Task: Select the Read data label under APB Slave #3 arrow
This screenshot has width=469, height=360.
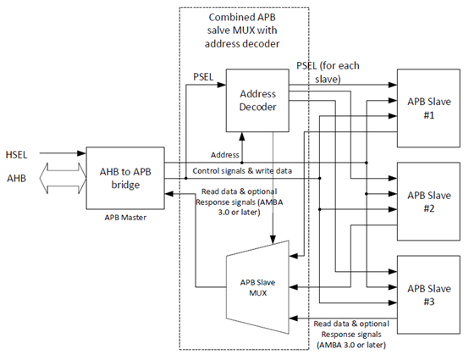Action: click(x=352, y=334)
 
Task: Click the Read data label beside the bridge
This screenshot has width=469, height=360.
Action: click(x=231, y=197)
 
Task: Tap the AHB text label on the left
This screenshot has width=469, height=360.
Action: click(x=17, y=180)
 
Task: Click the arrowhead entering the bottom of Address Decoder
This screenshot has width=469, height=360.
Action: click(x=243, y=136)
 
